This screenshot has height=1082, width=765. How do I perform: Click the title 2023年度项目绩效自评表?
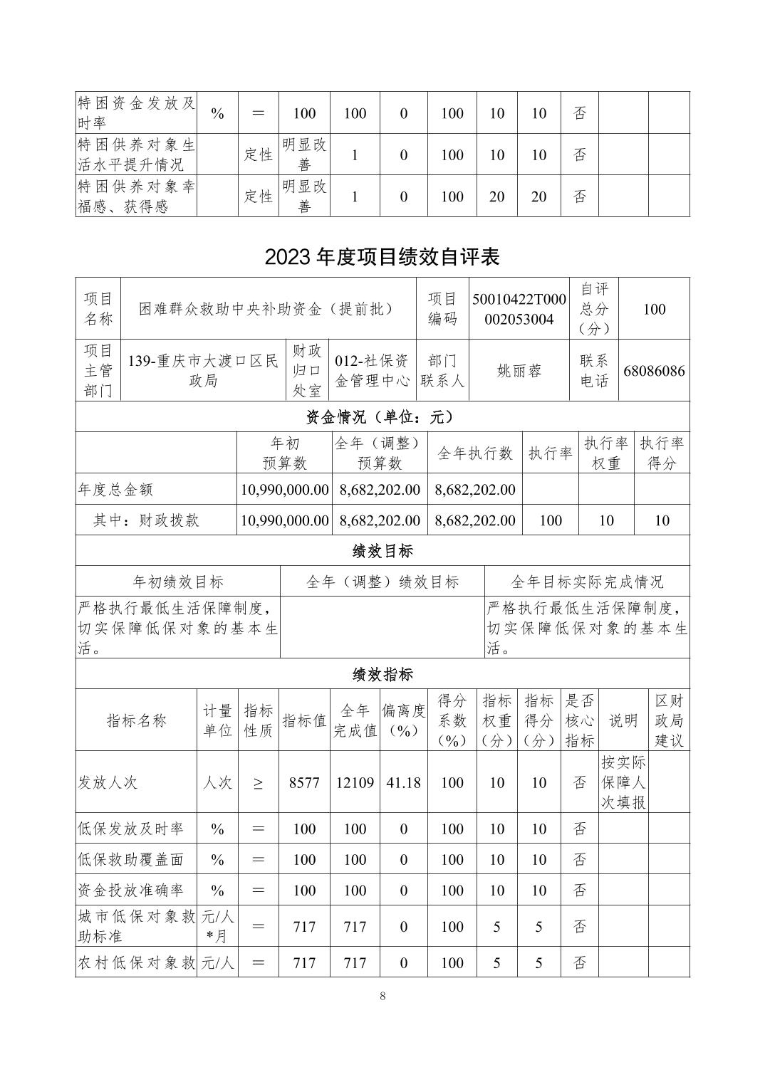pos(382,257)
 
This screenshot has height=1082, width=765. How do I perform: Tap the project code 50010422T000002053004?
pos(519,309)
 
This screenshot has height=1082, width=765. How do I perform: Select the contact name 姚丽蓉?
pos(519,371)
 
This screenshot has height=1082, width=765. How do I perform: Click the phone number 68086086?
pos(654,371)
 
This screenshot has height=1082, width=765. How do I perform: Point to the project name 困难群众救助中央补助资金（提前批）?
pos(267,309)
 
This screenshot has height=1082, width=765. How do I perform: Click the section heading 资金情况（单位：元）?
pos(382,416)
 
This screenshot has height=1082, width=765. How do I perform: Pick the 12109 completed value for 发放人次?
pos(355,783)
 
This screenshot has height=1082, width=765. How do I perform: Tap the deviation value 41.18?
pos(403,783)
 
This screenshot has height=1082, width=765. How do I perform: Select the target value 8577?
pos(304,783)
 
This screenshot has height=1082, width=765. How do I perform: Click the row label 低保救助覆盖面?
pos(130,860)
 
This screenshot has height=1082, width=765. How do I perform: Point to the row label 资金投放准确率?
pos(130,891)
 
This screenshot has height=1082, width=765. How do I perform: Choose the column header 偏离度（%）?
pos(403,720)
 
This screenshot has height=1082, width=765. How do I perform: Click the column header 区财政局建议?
pos(669,720)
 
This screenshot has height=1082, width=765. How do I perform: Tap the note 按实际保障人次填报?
pos(623,783)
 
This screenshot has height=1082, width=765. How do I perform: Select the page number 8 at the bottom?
pos(382,996)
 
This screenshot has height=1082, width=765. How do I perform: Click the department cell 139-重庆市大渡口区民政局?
pos(203,371)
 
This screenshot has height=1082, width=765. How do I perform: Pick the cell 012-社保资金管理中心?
pos(372,371)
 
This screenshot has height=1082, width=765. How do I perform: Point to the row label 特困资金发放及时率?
pos(135,112)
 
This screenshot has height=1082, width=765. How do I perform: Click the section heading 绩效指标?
pos(382,674)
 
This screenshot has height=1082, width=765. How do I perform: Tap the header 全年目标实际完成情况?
pos(587,582)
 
